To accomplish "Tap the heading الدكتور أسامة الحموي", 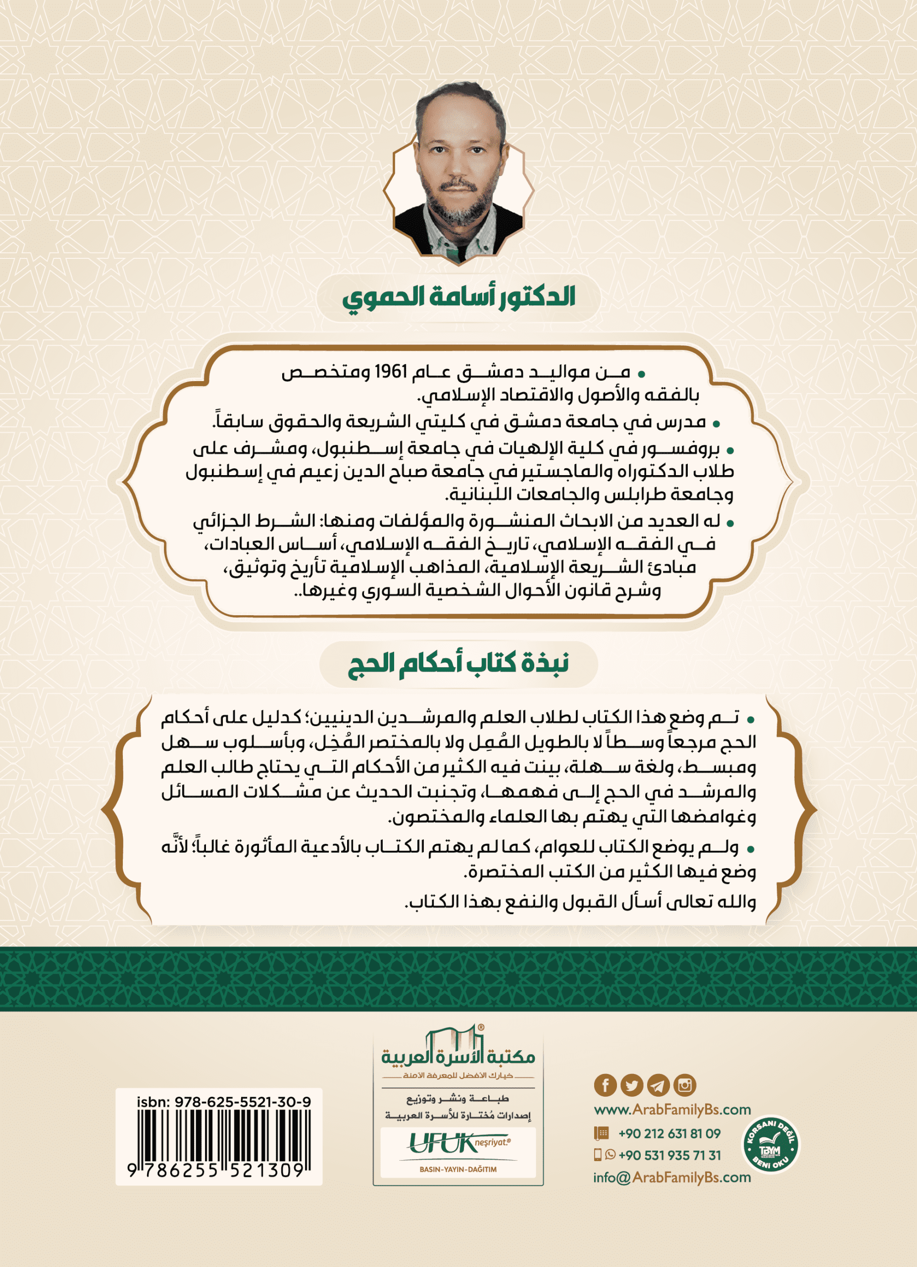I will [458, 296].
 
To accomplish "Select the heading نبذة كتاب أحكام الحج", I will [458, 664].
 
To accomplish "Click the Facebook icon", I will [605, 1085].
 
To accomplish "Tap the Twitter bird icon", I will [631, 1085].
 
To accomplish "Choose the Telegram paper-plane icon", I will [658, 1085].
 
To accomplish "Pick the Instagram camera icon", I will [685, 1085].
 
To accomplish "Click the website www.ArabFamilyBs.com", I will [672, 1110].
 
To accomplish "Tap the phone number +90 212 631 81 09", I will [669, 1133].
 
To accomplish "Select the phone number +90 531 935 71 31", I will [669, 1155].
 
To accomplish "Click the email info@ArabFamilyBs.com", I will [672, 1177].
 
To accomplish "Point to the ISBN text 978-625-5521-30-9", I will [243, 1102].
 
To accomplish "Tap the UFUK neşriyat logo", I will [458, 1143].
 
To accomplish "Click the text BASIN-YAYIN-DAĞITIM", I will [458, 1169].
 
